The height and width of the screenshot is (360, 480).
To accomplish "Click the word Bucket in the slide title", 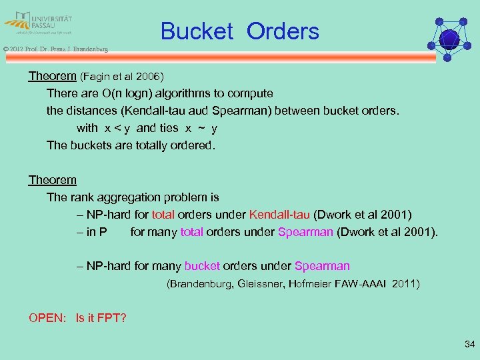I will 197,31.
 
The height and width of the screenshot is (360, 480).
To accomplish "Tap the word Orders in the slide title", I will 283,31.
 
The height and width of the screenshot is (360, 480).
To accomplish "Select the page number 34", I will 469,344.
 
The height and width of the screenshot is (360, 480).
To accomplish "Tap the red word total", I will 163,215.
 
